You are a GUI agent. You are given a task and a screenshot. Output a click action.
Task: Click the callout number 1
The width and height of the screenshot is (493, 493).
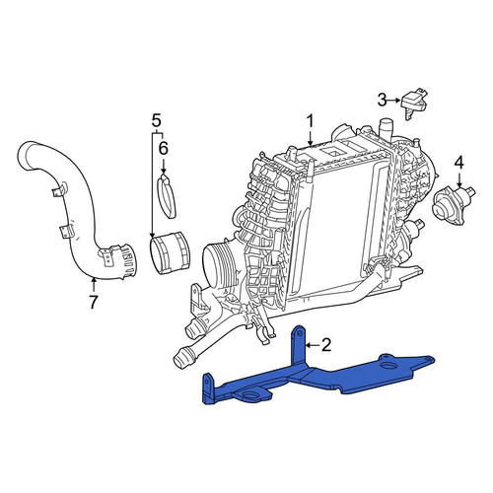[x=310, y=121]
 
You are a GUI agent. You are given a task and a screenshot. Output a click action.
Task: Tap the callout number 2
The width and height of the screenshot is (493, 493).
[x=326, y=345]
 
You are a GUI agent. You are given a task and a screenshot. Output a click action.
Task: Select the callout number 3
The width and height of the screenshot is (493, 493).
[x=382, y=100]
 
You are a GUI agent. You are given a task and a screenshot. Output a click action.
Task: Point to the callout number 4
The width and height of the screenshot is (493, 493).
[x=459, y=163]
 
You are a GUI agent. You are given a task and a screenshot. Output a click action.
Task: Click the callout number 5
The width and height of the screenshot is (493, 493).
[x=157, y=121]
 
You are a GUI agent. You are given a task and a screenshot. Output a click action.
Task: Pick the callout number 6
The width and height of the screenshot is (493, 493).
[x=164, y=148]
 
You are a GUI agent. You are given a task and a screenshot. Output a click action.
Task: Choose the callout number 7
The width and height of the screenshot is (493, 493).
[x=94, y=303]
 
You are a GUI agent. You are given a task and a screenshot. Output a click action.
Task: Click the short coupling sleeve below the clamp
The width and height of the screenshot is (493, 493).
[x=170, y=252]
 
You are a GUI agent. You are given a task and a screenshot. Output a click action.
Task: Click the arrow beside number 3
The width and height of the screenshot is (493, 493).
[x=394, y=100]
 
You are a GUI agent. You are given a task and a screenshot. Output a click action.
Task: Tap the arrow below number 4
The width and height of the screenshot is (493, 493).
[x=459, y=179]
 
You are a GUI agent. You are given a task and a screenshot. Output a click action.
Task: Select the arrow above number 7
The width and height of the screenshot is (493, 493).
[x=94, y=285]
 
